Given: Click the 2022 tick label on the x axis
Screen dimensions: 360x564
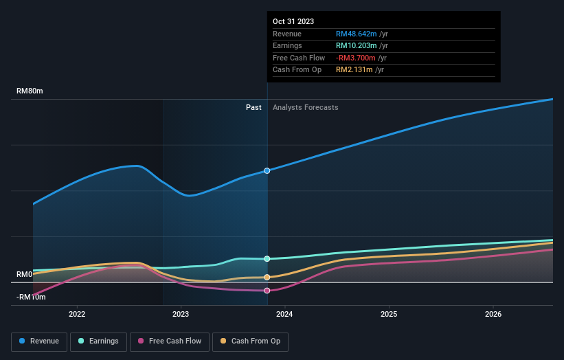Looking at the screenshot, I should click(x=77, y=315).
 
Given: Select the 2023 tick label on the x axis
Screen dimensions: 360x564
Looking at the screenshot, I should click(x=181, y=315).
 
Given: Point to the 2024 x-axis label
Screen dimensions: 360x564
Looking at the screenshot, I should click(x=284, y=315).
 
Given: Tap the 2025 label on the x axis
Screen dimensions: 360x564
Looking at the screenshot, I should click(x=389, y=315).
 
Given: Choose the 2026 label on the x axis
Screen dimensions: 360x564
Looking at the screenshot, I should click(x=493, y=315).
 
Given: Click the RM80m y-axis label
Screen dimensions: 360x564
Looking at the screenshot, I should click(x=30, y=91).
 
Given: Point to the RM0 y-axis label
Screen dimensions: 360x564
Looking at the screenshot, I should click(x=25, y=274).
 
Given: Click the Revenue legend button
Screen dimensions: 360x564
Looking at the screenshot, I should click(x=39, y=341).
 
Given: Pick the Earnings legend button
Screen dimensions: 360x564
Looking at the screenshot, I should click(x=98, y=341).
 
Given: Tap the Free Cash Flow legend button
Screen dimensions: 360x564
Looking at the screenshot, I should click(x=170, y=341).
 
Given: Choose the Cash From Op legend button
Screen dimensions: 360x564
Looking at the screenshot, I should click(x=250, y=341).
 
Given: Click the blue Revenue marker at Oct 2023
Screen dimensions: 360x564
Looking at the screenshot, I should click(x=267, y=170).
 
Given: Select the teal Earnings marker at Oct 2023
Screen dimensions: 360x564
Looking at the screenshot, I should click(x=267, y=259).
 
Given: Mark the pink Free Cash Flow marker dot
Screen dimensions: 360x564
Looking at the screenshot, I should click(x=267, y=291).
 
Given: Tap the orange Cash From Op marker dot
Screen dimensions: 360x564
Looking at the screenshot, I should click(x=267, y=278).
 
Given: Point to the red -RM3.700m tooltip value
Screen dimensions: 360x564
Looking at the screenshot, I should click(x=355, y=58).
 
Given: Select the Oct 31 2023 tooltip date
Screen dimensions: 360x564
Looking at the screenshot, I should click(x=293, y=21).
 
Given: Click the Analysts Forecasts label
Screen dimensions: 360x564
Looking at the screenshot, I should click(x=305, y=107).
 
